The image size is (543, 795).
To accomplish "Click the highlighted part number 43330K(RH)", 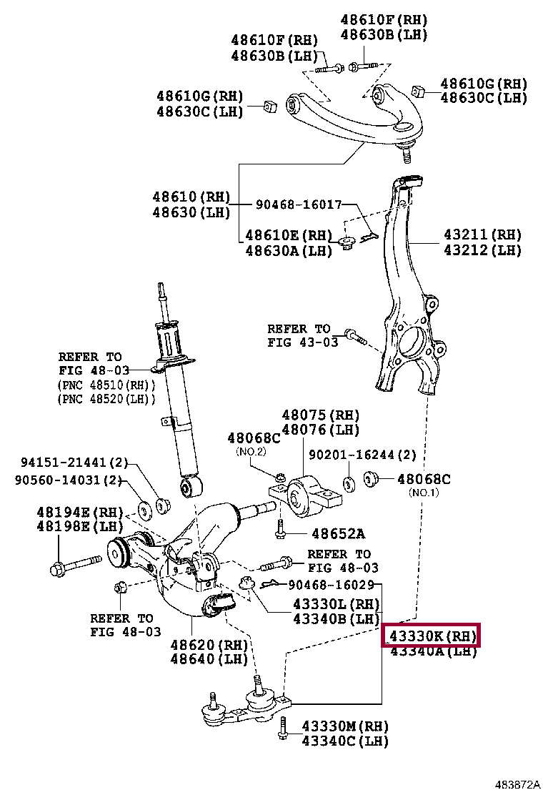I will click(431, 634).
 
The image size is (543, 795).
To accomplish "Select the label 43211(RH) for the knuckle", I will click(482, 234).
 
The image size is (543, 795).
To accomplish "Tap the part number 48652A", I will click(338, 533).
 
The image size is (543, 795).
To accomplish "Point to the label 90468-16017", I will click(299, 204).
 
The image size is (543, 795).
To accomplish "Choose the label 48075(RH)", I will click(320, 415).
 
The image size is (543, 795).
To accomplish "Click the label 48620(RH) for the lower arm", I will click(208, 643).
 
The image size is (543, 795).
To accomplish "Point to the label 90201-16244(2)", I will click(362, 454).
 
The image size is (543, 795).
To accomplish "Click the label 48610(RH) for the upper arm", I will click(191, 197).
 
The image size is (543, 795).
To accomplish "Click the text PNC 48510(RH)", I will click(106, 385).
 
